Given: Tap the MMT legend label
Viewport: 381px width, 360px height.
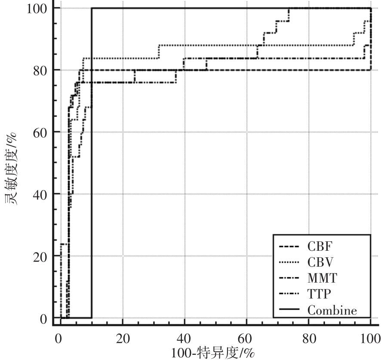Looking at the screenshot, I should tap(322, 278).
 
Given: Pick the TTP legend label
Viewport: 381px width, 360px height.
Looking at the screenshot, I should tap(318, 294).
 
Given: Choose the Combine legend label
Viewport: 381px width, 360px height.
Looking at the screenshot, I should tap(332, 310).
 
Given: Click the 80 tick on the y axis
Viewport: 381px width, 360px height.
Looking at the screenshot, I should tap(41, 70).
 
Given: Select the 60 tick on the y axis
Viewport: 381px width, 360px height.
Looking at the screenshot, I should tap(41, 132).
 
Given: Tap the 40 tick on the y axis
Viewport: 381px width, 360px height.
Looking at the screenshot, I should tap(41, 194).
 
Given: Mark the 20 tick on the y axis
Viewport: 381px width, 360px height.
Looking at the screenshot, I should tap(41, 256).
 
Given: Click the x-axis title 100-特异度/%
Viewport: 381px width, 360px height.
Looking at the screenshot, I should tap(213, 353).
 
